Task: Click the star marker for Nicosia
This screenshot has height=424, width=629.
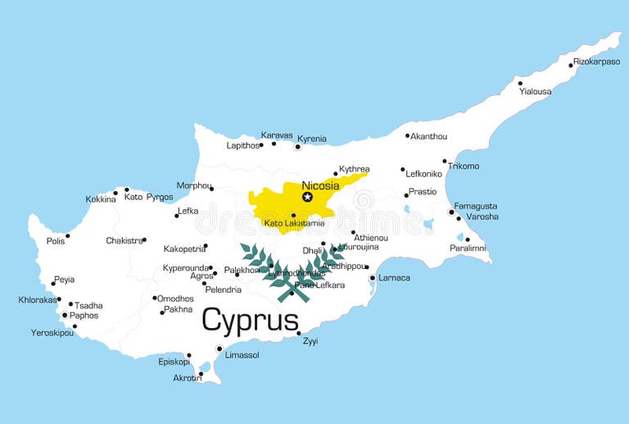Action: tap(308, 197)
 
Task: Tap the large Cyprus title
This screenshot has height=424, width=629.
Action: tap(250, 320)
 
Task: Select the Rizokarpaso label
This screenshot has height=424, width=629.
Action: tap(596, 62)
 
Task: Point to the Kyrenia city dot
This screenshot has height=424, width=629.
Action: tap(297, 147)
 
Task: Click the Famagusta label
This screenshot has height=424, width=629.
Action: tap(475, 206)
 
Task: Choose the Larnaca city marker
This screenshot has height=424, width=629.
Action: tap(373, 278)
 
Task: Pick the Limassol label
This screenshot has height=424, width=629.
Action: tap(242, 355)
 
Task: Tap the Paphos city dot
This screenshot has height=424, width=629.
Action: tap(65, 315)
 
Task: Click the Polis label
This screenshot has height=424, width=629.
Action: tap(56, 241)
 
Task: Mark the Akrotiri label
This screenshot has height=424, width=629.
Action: tap(187, 378)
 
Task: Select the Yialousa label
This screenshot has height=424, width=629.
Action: tap(535, 92)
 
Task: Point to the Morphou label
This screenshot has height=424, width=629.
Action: tap(193, 185)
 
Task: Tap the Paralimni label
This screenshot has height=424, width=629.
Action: tap(468, 248)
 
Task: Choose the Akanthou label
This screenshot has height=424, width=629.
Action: tap(429, 136)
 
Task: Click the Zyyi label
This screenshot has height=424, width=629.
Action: tap(310, 341)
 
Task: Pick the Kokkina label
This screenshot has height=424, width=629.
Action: tap(101, 199)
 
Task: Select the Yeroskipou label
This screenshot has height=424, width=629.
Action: tap(52, 333)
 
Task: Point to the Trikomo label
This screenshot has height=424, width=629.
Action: tap(464, 166)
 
